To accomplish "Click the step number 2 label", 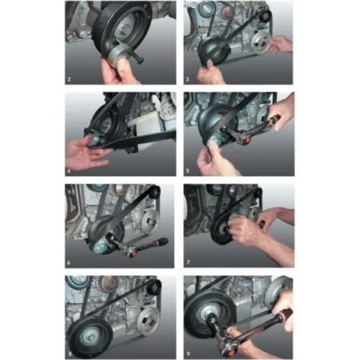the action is pos(69,79).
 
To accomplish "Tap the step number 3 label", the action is pos(187,79).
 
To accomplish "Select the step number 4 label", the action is pos(69,171).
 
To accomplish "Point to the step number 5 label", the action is pos(187,171).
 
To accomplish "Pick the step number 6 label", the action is pos(69,262).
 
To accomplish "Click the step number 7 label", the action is pos(188,262).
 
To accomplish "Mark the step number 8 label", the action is pos(70,354).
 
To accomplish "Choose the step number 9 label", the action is pos(188,354).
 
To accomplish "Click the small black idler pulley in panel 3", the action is pos(265,16).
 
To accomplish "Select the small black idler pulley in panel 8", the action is pos(154,287).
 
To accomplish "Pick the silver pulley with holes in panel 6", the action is pos(150,220).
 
